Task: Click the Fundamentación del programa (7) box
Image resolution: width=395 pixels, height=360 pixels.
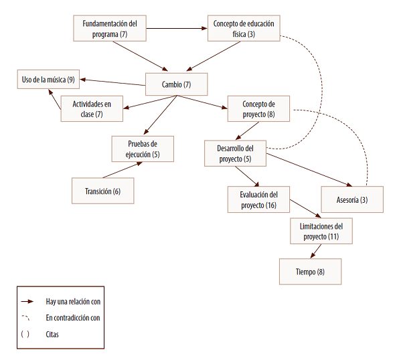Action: (110, 28)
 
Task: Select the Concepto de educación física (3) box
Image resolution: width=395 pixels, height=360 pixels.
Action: (244, 28)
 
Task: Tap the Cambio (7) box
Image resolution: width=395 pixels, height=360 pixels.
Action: (176, 84)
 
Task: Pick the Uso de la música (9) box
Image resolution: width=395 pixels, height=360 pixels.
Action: (48, 80)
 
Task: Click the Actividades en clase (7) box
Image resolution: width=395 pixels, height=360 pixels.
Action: (92, 109)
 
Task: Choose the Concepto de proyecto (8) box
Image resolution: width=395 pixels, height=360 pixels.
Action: (258, 109)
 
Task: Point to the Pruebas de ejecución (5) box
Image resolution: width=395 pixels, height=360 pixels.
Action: (143, 149)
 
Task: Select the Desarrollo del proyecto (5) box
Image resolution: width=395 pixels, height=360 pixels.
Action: (235, 153)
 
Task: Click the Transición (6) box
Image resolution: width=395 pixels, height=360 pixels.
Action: (103, 191)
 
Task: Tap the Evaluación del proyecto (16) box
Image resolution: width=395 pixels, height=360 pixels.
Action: (258, 199)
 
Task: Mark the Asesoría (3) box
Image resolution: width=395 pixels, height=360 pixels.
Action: (352, 199)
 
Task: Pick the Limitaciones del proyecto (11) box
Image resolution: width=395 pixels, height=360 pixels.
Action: (321, 231)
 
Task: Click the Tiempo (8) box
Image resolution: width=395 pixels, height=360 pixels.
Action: (311, 272)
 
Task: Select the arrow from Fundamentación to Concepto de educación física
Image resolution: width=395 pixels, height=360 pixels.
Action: (177, 28)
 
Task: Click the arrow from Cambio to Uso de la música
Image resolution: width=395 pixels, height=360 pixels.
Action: (112, 82)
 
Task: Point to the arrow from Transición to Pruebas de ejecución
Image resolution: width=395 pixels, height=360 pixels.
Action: (123, 170)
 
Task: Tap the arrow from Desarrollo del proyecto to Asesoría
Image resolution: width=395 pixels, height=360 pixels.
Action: (309, 170)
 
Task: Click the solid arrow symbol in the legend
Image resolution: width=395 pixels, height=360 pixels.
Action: (27, 301)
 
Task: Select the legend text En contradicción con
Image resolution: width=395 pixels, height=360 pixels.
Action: (73, 318)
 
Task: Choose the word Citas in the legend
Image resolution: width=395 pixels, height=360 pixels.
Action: (52, 335)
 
